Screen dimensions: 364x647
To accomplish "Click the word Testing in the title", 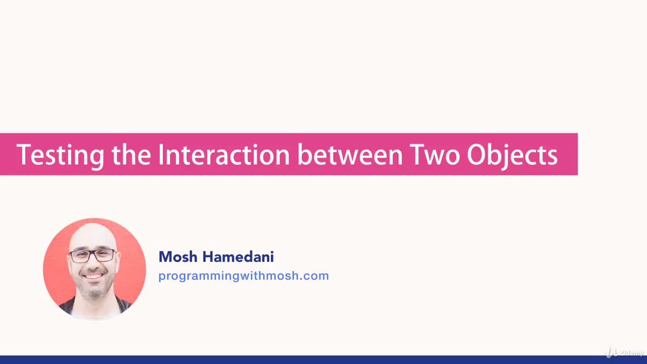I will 60,155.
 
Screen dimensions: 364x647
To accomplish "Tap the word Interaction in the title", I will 224,155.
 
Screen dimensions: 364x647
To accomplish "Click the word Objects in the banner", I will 512,155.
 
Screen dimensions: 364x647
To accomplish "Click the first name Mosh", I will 178,257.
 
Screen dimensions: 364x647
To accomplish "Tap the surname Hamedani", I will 238,257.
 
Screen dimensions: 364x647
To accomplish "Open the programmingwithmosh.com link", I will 243,276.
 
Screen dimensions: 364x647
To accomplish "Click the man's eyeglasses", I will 93,255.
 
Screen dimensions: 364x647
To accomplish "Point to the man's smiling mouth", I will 94,276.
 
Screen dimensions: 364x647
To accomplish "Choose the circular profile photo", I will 94,268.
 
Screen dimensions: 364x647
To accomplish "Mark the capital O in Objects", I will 475,155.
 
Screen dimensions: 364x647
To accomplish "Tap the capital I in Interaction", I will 161,155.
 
